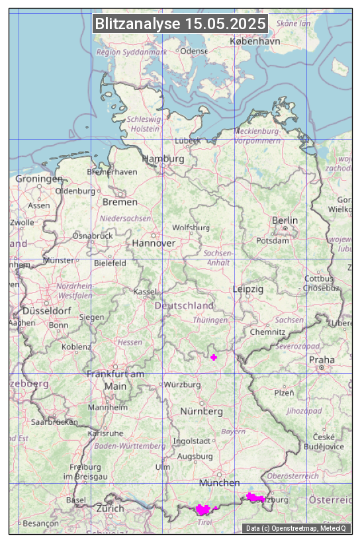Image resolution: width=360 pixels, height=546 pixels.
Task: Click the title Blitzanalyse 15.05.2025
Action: click(x=180, y=24)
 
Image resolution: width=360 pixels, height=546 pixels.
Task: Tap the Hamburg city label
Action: click(x=163, y=159)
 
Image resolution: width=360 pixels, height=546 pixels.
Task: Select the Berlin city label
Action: click(x=285, y=220)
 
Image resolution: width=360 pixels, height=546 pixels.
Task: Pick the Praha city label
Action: click(x=321, y=359)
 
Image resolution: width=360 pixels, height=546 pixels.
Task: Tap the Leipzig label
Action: click(x=248, y=289)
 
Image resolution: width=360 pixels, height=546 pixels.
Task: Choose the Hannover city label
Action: click(x=154, y=244)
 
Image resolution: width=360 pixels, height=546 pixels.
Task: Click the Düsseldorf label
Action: click(x=47, y=311)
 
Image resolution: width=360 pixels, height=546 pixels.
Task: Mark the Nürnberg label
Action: click(x=202, y=412)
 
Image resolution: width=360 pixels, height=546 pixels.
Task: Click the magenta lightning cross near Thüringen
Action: click(x=213, y=357)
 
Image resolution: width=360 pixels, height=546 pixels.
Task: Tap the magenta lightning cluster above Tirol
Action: click(x=204, y=510)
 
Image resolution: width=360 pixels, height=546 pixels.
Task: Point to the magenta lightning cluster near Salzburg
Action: click(x=255, y=496)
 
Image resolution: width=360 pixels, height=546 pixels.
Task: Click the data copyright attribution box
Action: click(x=297, y=528)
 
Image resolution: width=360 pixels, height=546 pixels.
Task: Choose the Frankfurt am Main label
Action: click(x=115, y=380)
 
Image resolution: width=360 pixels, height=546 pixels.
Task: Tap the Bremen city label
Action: click(x=120, y=202)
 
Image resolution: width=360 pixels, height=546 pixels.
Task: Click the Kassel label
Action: click(x=144, y=292)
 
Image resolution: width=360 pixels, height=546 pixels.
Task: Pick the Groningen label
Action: click(x=39, y=179)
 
